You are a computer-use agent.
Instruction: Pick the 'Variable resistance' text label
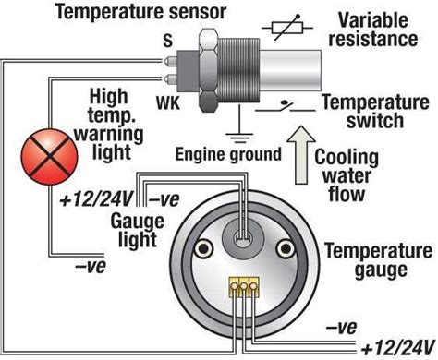384,30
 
